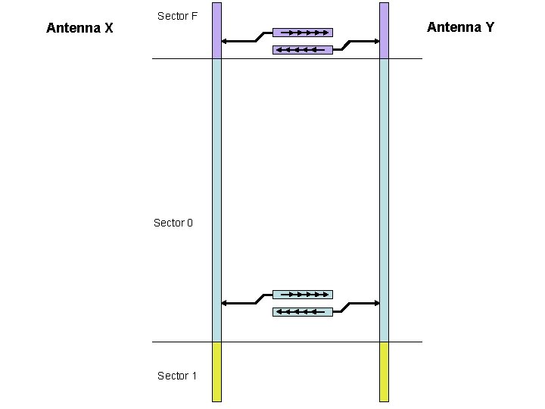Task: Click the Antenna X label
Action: tap(79, 29)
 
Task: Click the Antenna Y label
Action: tap(460, 27)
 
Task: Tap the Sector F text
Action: tap(177, 16)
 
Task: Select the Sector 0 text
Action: tap(173, 223)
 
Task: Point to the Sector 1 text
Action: tap(176, 376)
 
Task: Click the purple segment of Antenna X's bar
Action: tap(216, 30)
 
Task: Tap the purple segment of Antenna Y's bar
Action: tap(384, 30)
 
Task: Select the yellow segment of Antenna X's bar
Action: tap(216, 371)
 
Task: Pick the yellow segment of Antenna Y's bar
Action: tap(384, 371)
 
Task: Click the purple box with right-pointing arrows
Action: tap(302, 33)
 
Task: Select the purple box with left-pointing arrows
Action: tap(302, 50)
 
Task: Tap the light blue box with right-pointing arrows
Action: tap(302, 294)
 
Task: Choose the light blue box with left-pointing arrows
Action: tap(302, 311)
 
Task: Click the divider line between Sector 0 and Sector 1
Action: tap(288, 342)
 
